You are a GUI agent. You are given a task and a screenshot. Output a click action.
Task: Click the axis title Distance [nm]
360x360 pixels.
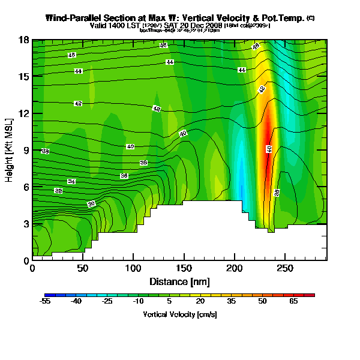click(179, 281)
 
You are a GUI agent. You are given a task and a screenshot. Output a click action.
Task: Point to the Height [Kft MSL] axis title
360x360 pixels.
click(10, 150)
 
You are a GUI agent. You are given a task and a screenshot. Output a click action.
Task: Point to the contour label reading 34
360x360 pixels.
click(71, 181)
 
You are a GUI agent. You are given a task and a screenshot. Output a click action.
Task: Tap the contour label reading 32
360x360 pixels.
click(58, 191)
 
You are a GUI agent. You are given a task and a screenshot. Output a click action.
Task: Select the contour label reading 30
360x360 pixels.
click(91, 205)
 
